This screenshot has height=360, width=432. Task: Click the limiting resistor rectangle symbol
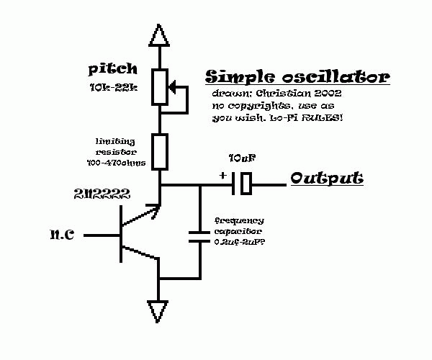[160, 150]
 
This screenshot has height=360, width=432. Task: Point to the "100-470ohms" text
[116, 163]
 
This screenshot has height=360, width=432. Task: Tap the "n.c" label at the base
[63, 235]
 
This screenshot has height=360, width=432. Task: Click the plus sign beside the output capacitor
[222, 175]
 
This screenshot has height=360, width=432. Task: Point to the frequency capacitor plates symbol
[199, 236]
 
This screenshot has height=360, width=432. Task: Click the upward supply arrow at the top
[160, 34]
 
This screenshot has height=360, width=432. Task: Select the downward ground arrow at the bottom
[160, 311]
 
